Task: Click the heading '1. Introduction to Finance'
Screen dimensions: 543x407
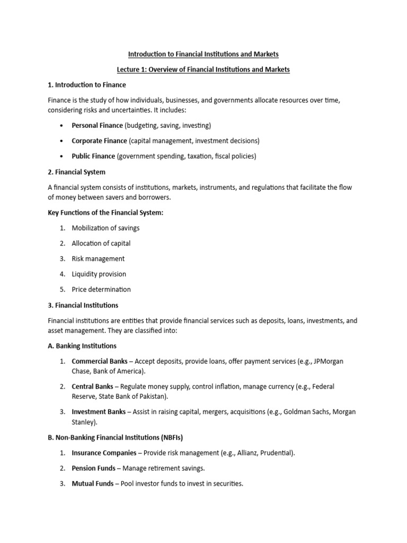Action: point(87,85)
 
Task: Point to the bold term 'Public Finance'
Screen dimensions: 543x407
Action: point(93,156)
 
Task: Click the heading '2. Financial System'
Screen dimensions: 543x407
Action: point(76,172)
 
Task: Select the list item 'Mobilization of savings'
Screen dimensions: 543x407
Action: point(106,228)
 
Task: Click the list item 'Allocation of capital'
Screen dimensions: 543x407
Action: point(101,243)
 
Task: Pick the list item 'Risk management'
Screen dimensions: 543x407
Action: point(99,259)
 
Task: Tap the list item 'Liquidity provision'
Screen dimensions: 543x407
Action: point(99,274)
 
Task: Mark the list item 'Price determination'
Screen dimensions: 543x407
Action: point(101,290)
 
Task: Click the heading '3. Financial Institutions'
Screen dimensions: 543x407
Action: point(83,305)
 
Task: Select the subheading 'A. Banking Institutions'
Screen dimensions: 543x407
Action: point(82,346)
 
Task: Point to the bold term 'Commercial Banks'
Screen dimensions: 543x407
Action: point(100,362)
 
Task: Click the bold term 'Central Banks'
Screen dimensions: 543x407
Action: point(93,387)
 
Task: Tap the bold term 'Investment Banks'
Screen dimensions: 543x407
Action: point(99,412)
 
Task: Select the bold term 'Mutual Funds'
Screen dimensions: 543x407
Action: point(93,484)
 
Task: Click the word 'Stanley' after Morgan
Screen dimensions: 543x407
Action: point(84,423)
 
